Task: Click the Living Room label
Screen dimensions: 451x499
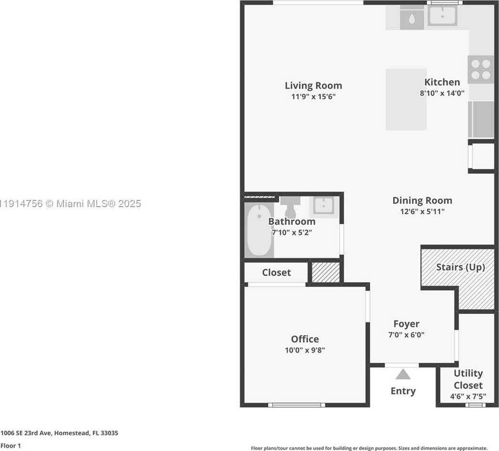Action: point(313,85)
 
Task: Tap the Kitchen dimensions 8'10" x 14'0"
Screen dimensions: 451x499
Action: point(442,94)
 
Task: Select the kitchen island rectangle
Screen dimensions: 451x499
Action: point(406,99)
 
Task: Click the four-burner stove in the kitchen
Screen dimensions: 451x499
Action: point(481,69)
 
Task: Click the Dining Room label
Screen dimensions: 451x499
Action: point(422,200)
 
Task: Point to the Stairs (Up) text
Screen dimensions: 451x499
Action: point(460,267)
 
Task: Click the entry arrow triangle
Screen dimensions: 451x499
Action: point(403,374)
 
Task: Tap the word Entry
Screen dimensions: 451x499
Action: point(403,391)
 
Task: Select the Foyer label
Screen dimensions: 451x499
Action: point(406,324)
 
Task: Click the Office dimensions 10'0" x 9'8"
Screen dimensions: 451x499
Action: point(305,350)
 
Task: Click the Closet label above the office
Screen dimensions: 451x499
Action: point(276,273)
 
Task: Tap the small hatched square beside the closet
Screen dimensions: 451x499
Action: point(325,272)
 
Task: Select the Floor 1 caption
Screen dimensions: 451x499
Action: point(10,446)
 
